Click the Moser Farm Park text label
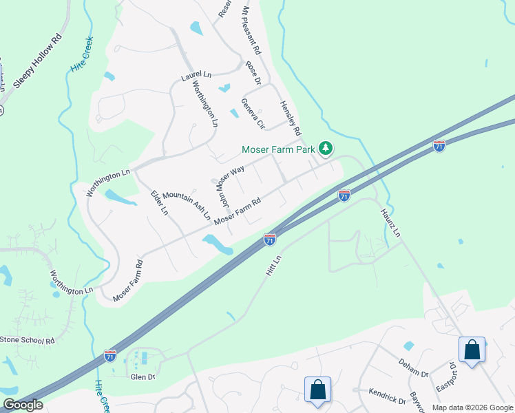coord(279,149)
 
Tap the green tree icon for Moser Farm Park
coord(326,149)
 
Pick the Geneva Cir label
coord(252,113)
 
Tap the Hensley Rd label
coord(291,118)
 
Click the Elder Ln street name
coord(159,203)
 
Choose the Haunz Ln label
coord(390,224)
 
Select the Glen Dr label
coord(143,376)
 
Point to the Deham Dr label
coord(413,368)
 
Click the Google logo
coord(23,405)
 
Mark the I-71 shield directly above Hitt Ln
coord(270,240)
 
